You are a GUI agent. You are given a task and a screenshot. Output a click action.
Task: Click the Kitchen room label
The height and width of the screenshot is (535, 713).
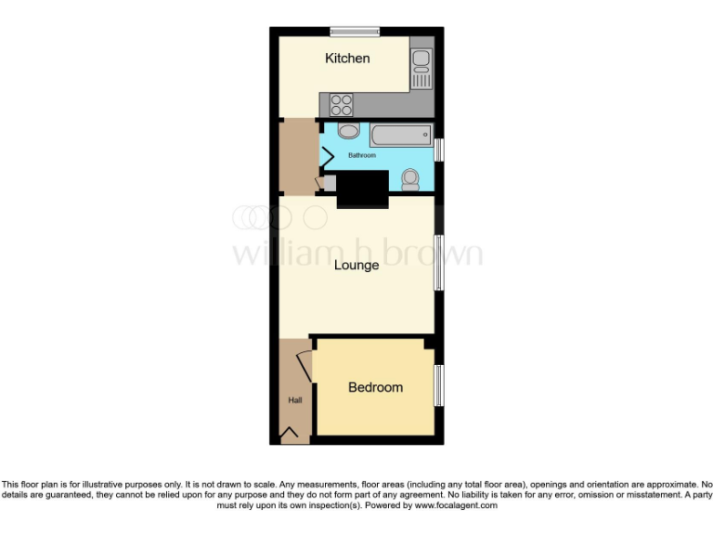(347, 59)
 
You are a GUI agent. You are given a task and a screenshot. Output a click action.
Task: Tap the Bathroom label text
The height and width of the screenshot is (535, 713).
(362, 155)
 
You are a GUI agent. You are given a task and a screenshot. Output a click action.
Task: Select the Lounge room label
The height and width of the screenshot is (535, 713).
(356, 265)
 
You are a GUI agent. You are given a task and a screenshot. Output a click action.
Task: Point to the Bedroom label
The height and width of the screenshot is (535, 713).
(375, 387)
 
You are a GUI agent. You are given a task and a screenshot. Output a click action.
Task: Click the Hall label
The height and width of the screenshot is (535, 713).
(294, 400)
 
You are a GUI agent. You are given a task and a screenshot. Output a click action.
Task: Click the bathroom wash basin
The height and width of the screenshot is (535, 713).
(348, 131)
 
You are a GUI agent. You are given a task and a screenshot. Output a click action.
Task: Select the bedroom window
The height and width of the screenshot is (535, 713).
(439, 384)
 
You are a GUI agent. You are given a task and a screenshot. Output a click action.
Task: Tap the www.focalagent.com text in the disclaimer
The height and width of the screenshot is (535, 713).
(455, 506)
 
